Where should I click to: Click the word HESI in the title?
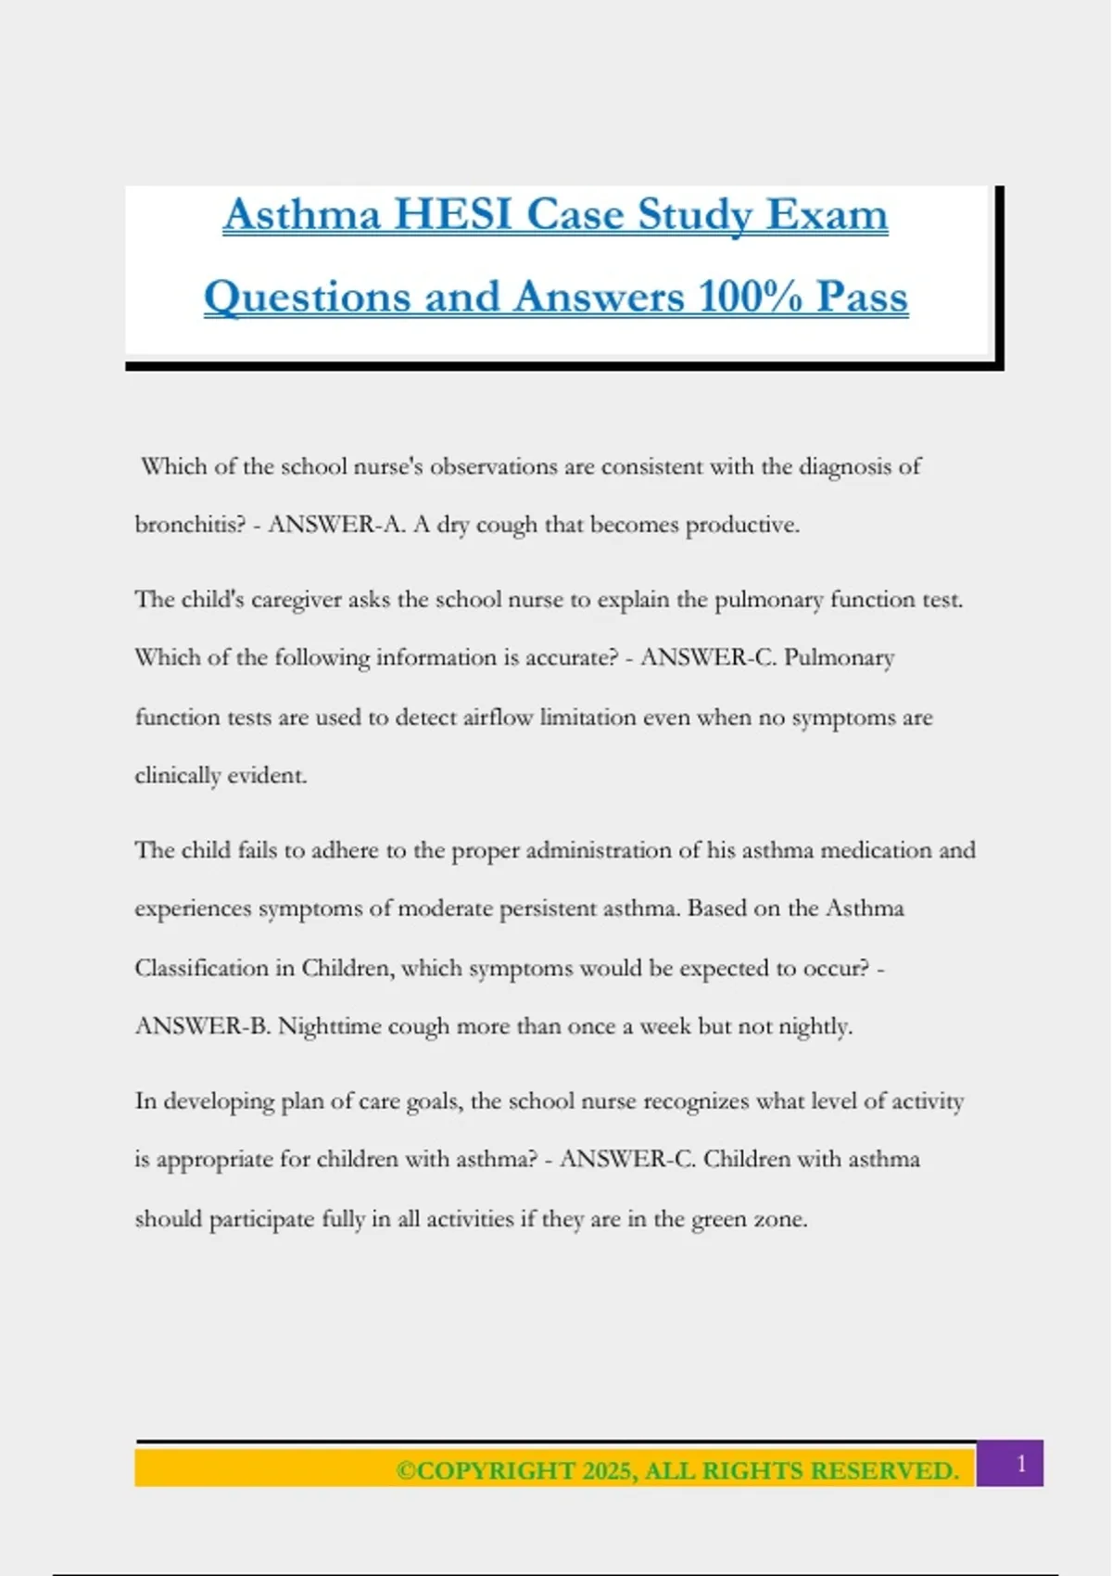pyautogui.click(x=453, y=215)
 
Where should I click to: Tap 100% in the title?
pyautogui.click(x=751, y=298)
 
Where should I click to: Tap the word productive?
pyautogui.click(x=741, y=525)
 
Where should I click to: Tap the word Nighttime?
pyautogui.click(x=329, y=1026)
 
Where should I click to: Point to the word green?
pyautogui.click(x=719, y=1219)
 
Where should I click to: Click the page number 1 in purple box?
pyautogui.click(x=1021, y=1464)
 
